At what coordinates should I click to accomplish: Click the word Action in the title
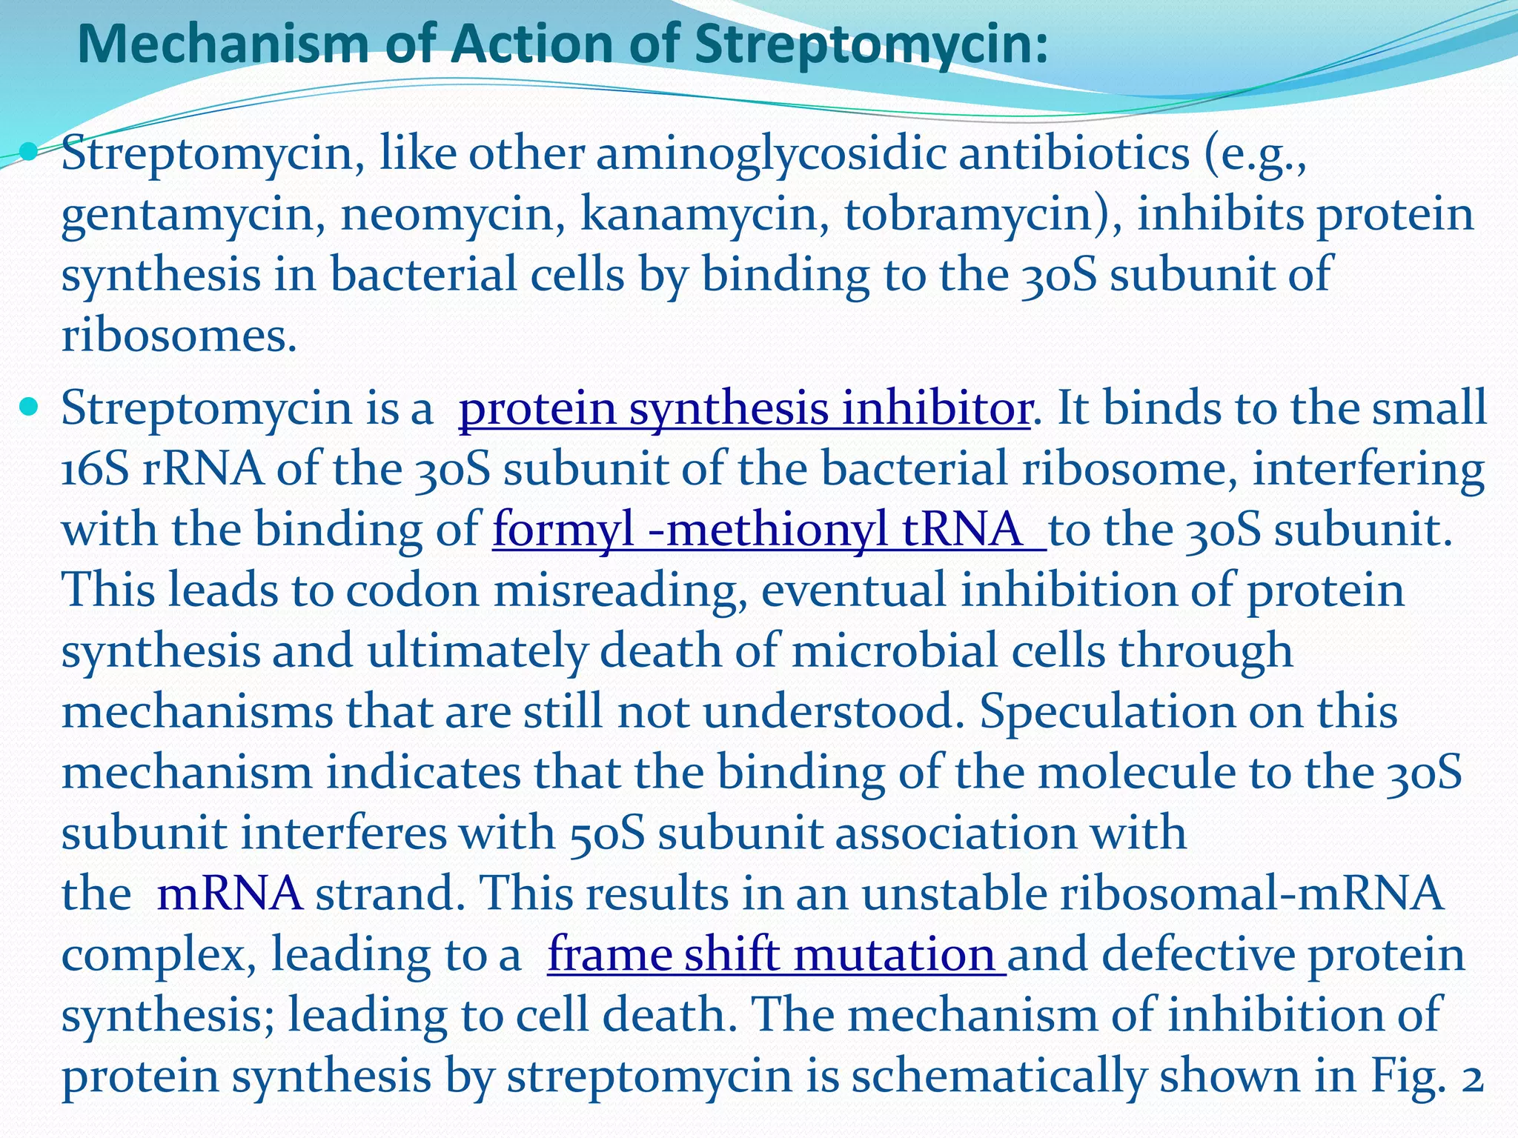[x=534, y=44]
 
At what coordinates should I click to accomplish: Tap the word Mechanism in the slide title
[x=222, y=44]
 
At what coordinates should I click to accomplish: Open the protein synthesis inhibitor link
[x=744, y=408]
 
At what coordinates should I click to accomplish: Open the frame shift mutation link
[x=776, y=954]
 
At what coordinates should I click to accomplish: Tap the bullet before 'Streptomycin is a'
[x=30, y=407]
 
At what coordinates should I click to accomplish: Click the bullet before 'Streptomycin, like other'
[x=30, y=153]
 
